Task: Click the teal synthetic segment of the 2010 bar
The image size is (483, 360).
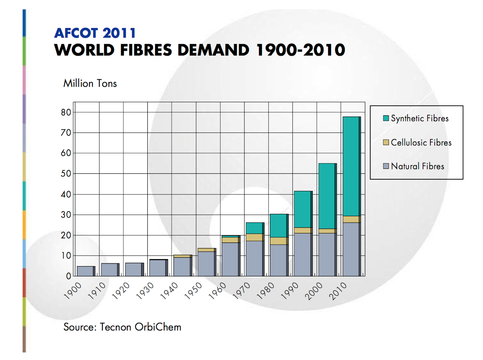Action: pyautogui.click(x=351, y=166)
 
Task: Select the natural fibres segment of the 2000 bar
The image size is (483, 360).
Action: pyautogui.click(x=327, y=254)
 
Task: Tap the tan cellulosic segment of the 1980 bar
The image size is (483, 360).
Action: pyautogui.click(x=278, y=241)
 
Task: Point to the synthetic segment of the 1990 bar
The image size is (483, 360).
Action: pyautogui.click(x=302, y=209)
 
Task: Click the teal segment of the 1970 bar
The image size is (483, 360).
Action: pyautogui.click(x=254, y=228)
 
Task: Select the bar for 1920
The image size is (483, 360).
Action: pyautogui.click(x=133, y=269)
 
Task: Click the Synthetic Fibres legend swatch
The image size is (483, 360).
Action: pyautogui.click(x=386, y=118)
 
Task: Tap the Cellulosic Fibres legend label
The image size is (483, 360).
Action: pyautogui.click(x=421, y=143)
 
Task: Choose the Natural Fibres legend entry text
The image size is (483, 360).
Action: pyautogui.click(x=417, y=166)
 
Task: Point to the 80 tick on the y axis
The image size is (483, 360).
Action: pyautogui.click(x=66, y=112)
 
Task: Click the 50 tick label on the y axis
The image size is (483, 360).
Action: pyautogui.click(x=66, y=174)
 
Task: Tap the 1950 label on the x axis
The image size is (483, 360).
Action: pyautogui.click(x=193, y=291)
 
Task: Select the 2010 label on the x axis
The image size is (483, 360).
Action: pyautogui.click(x=338, y=291)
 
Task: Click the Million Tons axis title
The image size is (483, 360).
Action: pyautogui.click(x=90, y=83)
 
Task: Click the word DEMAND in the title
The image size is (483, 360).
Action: pyautogui.click(x=213, y=50)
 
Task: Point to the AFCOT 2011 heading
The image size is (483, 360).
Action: pyautogui.click(x=95, y=33)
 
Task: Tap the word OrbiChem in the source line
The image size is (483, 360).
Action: pyautogui.click(x=158, y=327)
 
